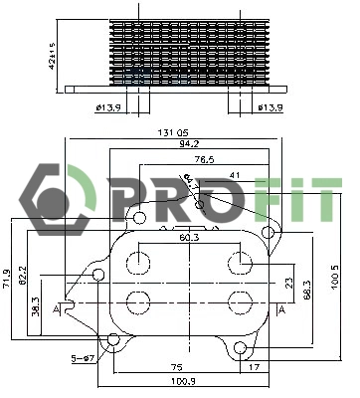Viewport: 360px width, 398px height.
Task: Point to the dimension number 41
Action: point(235,175)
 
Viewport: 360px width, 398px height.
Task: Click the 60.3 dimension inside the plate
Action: point(188,237)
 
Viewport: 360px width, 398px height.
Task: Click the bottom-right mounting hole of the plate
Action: point(241,348)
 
